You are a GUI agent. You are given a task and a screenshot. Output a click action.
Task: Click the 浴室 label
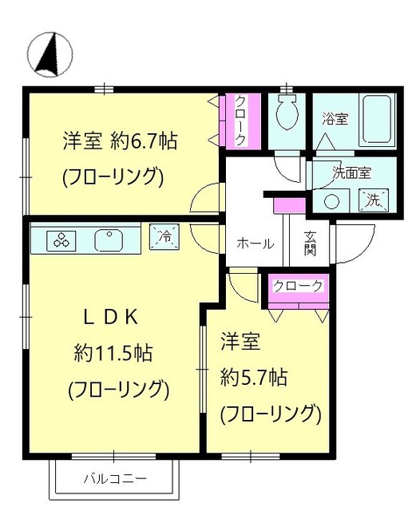coord(335,120)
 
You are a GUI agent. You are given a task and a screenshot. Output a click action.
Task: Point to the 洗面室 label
coord(351,171)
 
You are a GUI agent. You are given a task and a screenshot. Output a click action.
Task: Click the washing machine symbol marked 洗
coord(373,200)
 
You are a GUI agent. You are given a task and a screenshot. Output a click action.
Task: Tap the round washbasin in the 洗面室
coord(331,200)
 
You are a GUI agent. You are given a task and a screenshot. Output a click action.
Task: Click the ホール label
coord(256,244)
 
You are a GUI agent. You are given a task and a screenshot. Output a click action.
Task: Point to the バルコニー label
coord(115,479)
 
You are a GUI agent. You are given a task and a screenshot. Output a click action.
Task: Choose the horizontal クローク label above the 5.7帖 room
coord(297,286)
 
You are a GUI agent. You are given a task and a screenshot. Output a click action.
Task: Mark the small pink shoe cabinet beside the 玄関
coord(285,205)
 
